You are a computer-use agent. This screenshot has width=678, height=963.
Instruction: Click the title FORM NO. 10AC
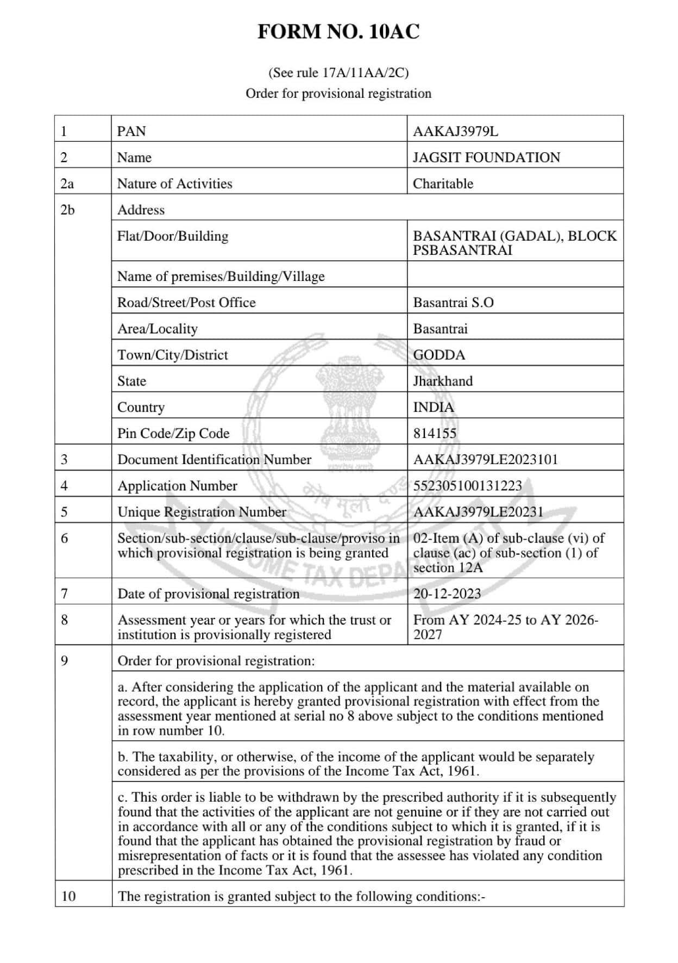pyautogui.click(x=338, y=32)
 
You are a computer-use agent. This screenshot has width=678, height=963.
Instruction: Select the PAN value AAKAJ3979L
pyautogui.click(x=455, y=132)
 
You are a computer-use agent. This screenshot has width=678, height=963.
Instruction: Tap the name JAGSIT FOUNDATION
pyautogui.click(x=486, y=158)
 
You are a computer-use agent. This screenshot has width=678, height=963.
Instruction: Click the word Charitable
pyautogui.click(x=443, y=184)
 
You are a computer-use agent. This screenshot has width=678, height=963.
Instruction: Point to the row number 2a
pyautogui.click(x=67, y=184)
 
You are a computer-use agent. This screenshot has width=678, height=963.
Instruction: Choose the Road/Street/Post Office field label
pyautogui.click(x=186, y=303)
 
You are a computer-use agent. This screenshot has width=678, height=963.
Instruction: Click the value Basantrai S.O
pyautogui.click(x=453, y=303)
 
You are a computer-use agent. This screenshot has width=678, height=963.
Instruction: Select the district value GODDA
pyautogui.click(x=439, y=355)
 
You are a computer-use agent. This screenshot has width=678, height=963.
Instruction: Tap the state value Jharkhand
pyautogui.click(x=443, y=381)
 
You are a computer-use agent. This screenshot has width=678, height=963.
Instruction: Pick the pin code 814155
pyautogui.click(x=435, y=433)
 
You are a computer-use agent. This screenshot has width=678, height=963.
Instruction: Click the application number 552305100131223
pyautogui.click(x=467, y=486)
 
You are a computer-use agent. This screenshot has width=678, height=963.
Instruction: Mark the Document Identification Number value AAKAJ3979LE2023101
pyautogui.click(x=485, y=460)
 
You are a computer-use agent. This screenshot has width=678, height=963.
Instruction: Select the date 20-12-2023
pyautogui.click(x=447, y=593)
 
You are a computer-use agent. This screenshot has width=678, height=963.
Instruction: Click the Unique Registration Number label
pyautogui.click(x=202, y=512)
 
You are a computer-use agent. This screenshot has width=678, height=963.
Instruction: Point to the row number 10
pyautogui.click(x=68, y=896)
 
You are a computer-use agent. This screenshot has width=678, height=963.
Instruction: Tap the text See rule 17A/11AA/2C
pyautogui.click(x=338, y=73)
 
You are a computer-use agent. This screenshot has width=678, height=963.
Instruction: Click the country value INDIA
pyautogui.click(x=433, y=407)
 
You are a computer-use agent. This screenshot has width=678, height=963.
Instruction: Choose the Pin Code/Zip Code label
pyautogui.click(x=173, y=433)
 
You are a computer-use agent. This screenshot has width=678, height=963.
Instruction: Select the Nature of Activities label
pyautogui.click(x=174, y=184)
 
